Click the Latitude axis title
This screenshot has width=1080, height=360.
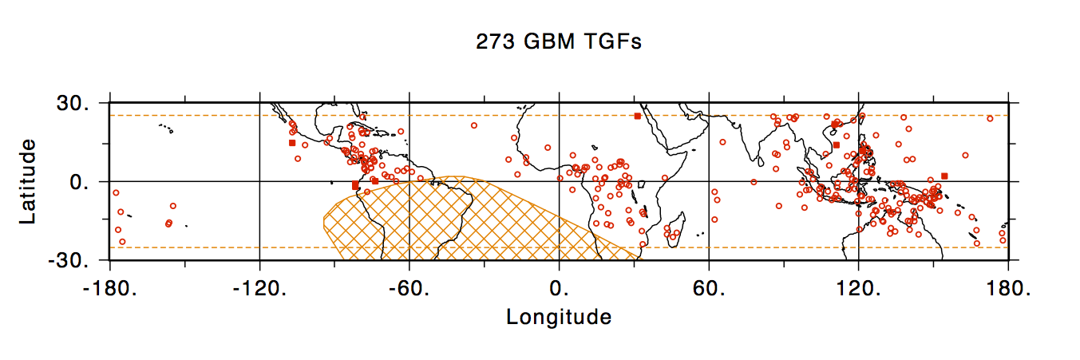(27, 181)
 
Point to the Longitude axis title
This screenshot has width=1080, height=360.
(559, 317)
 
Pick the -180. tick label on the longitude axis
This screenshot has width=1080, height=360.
(109, 288)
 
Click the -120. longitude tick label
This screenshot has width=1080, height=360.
(259, 288)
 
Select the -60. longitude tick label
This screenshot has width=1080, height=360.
(409, 288)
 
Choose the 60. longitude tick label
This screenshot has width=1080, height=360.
(709, 288)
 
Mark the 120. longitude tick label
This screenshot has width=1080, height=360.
(858, 288)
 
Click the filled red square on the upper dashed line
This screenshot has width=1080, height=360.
(637, 117)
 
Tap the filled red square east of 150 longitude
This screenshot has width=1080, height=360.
(944, 176)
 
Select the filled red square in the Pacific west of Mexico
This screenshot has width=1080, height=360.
(292, 143)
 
